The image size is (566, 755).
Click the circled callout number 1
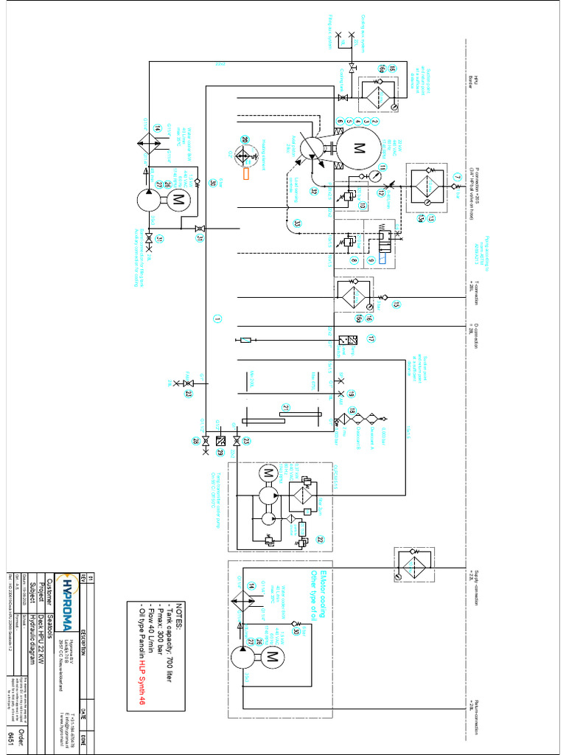217,319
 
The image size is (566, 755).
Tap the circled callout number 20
245,139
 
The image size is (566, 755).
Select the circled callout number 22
321,540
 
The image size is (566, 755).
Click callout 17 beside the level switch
371,339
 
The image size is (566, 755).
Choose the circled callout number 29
220,453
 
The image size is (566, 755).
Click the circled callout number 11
382,167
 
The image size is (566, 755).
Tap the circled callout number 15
396,305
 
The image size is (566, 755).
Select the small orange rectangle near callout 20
245,174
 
